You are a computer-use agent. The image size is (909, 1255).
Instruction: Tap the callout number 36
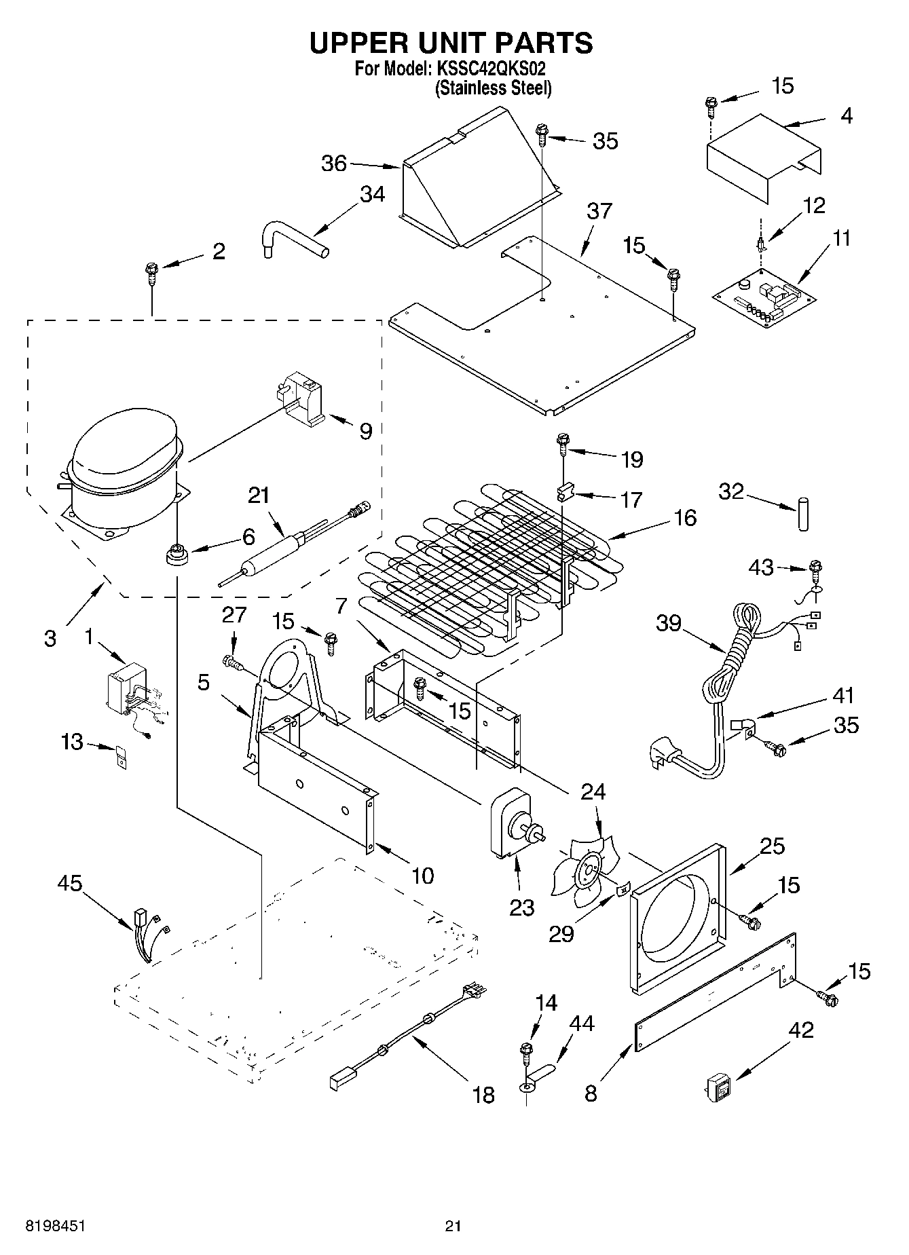click(x=334, y=164)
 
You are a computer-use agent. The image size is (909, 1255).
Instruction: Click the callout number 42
click(x=801, y=1030)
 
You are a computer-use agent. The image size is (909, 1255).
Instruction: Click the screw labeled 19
click(x=563, y=444)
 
